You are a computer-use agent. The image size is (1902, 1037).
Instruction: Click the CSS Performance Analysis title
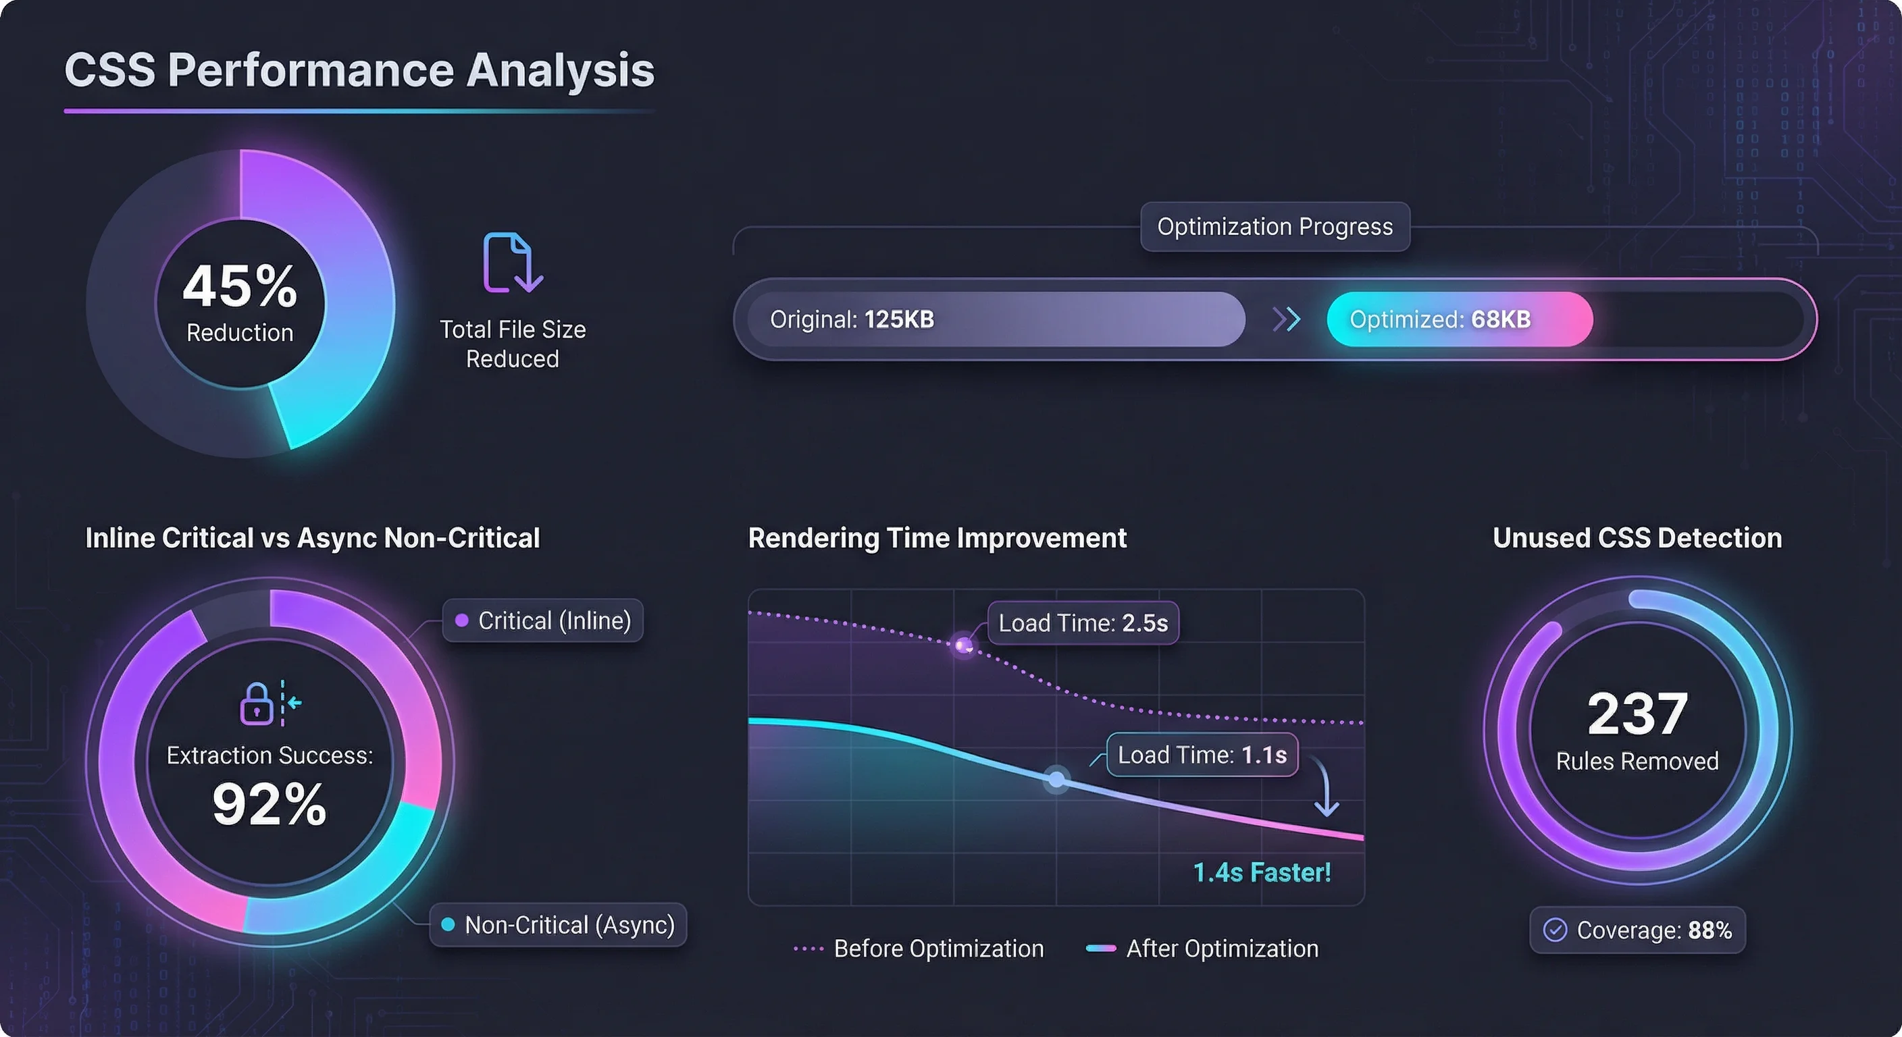click(359, 70)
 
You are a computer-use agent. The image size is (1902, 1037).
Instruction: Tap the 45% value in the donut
click(240, 286)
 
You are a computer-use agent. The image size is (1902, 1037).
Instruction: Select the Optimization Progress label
click(1275, 227)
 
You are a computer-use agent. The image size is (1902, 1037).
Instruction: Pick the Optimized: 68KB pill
click(1459, 319)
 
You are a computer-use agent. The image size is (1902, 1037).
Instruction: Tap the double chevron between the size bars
click(1286, 319)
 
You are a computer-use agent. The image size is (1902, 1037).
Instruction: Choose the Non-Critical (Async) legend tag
click(558, 925)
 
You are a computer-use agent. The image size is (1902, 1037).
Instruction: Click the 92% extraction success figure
click(269, 804)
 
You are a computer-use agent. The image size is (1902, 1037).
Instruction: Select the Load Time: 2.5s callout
click(1083, 623)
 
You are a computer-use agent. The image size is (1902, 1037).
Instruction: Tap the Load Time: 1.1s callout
click(1202, 755)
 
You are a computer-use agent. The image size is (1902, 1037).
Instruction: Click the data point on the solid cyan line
click(1056, 779)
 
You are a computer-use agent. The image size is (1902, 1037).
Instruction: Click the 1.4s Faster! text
click(1262, 872)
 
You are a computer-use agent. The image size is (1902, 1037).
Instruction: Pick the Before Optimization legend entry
click(919, 949)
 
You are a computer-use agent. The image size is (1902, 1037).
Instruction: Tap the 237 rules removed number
click(1638, 714)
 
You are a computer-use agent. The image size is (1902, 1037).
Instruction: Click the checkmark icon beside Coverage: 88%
click(1555, 930)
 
